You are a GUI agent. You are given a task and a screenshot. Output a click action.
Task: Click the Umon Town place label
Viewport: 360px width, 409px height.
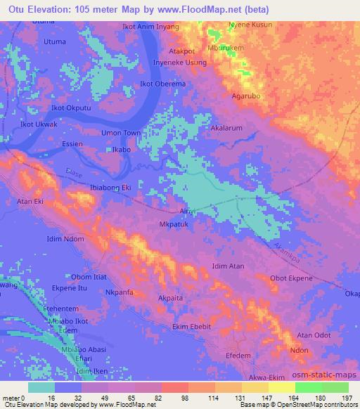tap(122, 133)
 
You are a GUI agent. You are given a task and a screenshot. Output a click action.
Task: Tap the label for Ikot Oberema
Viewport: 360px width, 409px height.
tap(163, 84)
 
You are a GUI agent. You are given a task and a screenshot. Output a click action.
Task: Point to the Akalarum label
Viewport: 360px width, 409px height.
tap(226, 129)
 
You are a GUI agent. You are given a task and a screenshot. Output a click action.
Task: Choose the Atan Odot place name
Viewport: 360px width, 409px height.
tap(314, 335)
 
